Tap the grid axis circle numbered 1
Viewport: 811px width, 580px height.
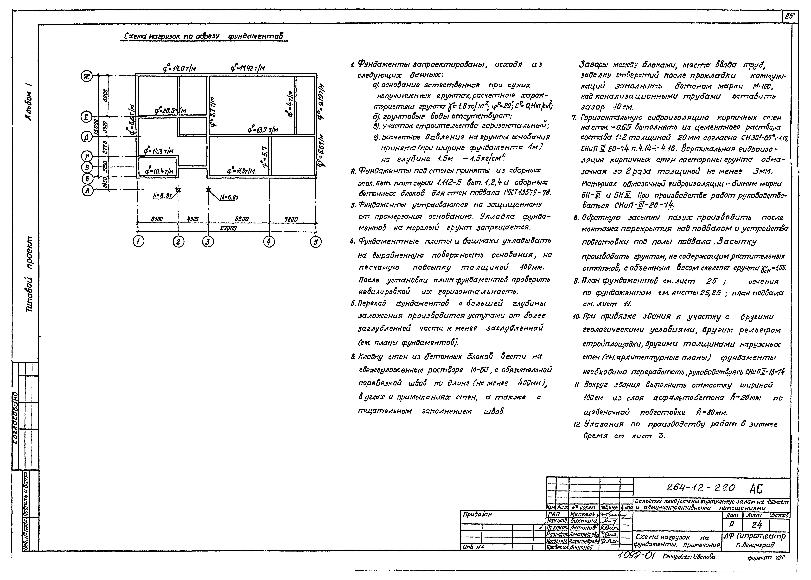pyautogui.click(x=138, y=242)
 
